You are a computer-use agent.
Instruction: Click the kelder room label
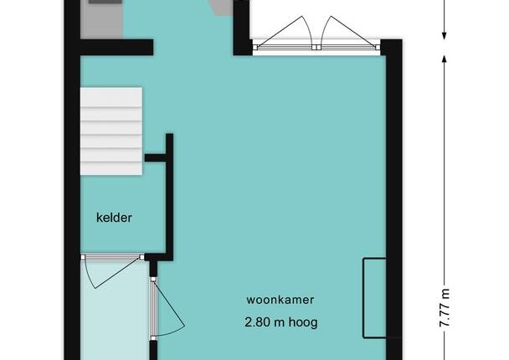(x=114, y=218)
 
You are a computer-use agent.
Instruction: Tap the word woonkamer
(x=280, y=299)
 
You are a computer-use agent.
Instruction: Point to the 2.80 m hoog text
(x=281, y=322)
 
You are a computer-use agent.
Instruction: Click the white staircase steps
(x=111, y=131)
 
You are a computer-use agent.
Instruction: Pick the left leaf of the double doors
(x=283, y=32)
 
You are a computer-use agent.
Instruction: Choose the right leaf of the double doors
(x=350, y=32)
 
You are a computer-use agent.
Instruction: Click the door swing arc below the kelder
(x=112, y=272)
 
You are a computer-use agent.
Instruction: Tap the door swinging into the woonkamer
(x=168, y=308)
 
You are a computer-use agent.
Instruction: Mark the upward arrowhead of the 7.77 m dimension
(x=445, y=59)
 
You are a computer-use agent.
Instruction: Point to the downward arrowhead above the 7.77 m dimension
(x=445, y=36)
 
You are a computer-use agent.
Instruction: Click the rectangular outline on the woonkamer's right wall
(x=374, y=298)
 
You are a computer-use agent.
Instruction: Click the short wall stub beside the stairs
(x=156, y=157)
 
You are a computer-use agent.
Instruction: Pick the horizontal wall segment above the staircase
(x=116, y=48)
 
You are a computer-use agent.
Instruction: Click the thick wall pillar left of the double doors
(x=242, y=28)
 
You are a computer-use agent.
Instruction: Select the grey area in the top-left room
(x=101, y=19)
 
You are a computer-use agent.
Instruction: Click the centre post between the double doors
(x=316, y=48)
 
